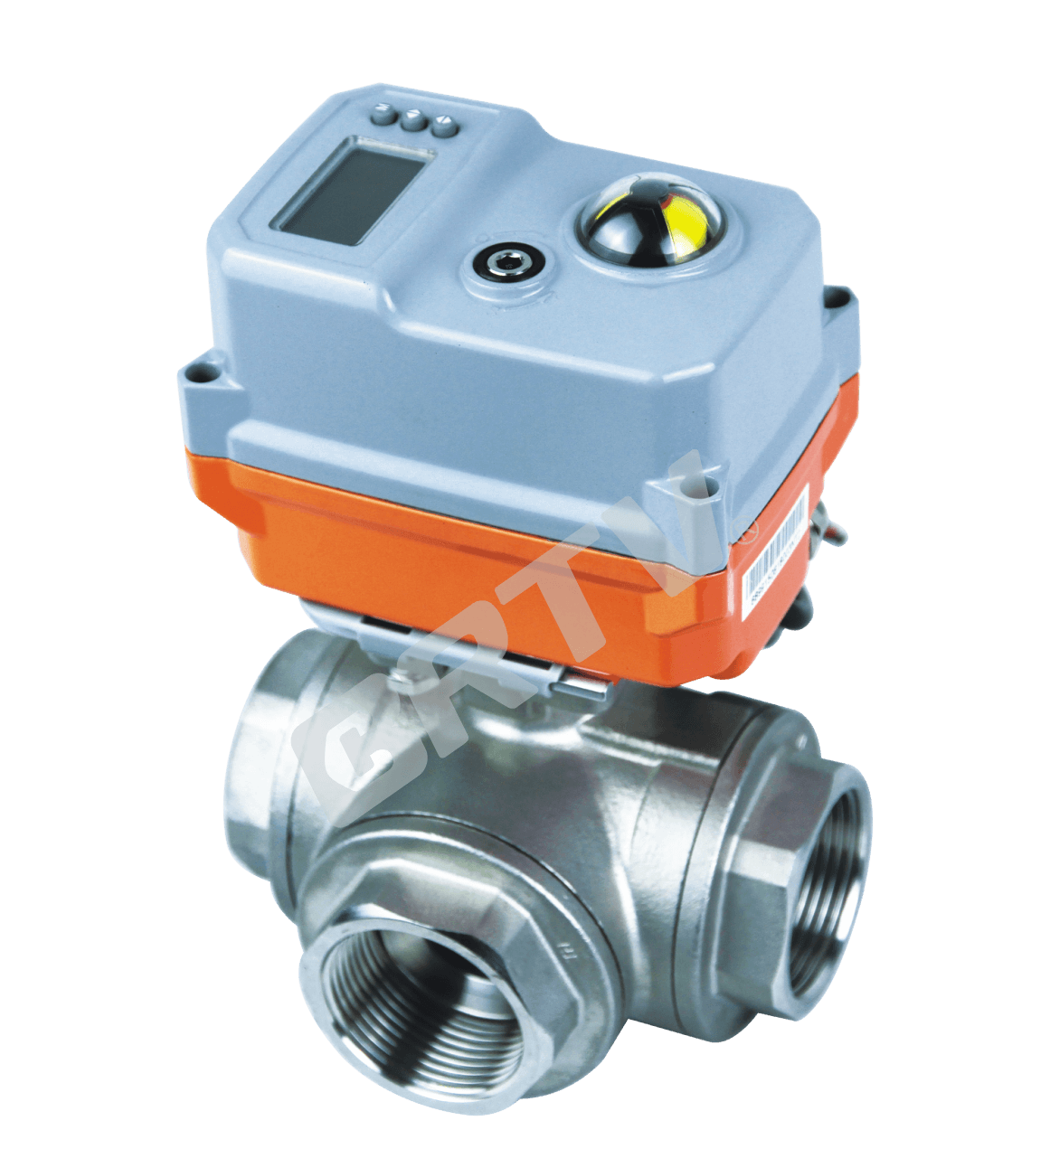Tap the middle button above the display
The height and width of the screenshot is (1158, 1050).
[x=414, y=119]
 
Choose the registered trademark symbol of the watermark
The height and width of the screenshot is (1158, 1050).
[x=746, y=533]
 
